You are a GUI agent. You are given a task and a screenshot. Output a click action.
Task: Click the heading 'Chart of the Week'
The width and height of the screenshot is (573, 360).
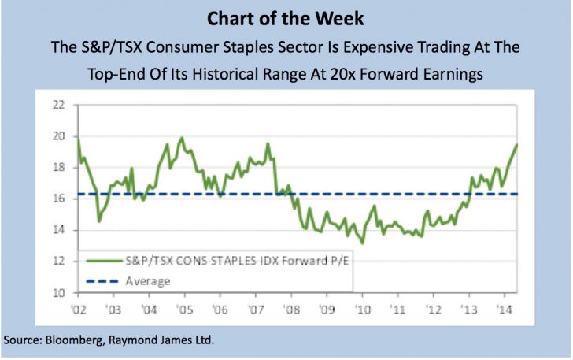[286, 17]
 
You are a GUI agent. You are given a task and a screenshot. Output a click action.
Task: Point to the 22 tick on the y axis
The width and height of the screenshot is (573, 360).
[57, 105]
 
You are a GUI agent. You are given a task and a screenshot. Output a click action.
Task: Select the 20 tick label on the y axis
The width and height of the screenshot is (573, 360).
[57, 136]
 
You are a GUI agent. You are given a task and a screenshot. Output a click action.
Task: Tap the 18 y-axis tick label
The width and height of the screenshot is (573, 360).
[57, 168]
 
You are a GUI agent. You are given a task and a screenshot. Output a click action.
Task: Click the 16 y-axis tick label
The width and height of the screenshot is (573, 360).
[57, 199]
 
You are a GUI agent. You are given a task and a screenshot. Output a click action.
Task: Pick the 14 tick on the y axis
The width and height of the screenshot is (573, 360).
[57, 231]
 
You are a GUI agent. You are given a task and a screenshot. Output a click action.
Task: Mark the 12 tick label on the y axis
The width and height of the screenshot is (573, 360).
[57, 262]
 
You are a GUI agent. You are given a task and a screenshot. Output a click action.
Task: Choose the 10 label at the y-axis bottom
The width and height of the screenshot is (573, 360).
[57, 294]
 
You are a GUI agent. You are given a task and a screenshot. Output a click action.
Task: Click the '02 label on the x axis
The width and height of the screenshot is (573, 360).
[79, 310]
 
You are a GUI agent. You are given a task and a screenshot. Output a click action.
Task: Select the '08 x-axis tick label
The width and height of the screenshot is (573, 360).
[290, 310]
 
